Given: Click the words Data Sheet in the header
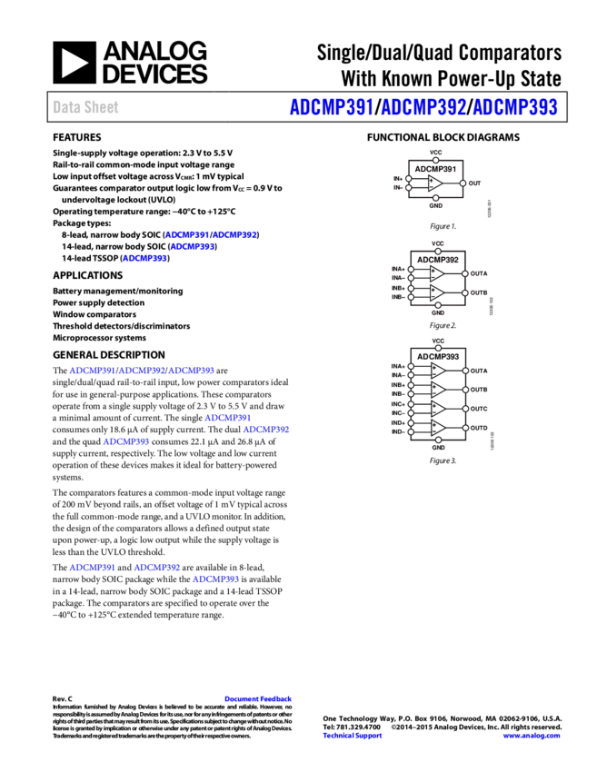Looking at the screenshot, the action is pyautogui.click(x=85, y=107).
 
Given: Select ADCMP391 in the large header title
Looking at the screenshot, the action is pyautogui.click(x=332, y=107).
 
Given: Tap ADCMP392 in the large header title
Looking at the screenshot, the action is pyautogui.click(x=423, y=107).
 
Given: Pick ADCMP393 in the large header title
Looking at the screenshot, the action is pyautogui.click(x=515, y=107).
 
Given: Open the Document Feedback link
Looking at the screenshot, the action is pyautogui.click(x=258, y=698).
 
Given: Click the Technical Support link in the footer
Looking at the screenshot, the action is pyautogui.click(x=353, y=736).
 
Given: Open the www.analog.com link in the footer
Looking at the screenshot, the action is pyautogui.click(x=532, y=736).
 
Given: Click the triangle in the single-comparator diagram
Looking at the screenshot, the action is pyautogui.click(x=435, y=183).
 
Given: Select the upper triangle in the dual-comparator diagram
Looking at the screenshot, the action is pyautogui.click(x=437, y=273).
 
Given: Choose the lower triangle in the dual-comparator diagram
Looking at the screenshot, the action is pyautogui.click(x=437, y=292).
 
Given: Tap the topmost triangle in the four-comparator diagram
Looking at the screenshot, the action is pyautogui.click(x=437, y=371).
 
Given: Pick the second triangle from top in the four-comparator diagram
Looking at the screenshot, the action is pyautogui.click(x=437, y=390).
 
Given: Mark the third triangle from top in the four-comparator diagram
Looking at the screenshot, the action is pyautogui.click(x=437, y=409).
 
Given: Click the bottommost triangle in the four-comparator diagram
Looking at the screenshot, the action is pyautogui.click(x=437, y=428).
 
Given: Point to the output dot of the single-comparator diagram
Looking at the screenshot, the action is pyautogui.click(x=463, y=183).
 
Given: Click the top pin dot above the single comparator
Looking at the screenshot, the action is pyautogui.click(x=435, y=160).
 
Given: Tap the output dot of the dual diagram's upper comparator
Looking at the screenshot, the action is pyautogui.click(x=465, y=273).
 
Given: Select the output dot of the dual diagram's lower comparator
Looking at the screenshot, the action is pyautogui.click(x=465, y=292).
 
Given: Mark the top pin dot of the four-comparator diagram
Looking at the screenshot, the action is pyautogui.click(x=438, y=348).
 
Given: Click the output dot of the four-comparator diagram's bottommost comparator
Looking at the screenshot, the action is pyautogui.click(x=465, y=428).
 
